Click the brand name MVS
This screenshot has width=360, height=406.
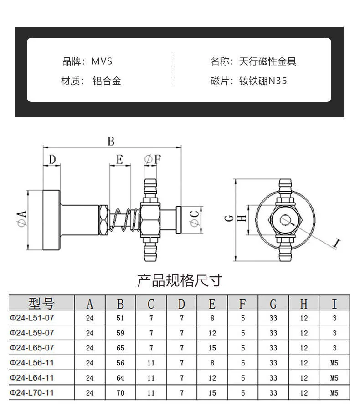point(102,61)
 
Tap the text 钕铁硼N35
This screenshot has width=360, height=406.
point(263,81)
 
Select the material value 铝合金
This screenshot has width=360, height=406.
point(107,81)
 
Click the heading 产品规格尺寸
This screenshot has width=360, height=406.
point(180,280)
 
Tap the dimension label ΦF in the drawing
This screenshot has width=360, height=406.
point(152,159)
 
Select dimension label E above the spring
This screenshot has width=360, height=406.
point(119,159)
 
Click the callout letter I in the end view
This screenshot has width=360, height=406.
point(336,243)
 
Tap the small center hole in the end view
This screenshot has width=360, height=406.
point(286,219)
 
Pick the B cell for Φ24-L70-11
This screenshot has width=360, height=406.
point(120,392)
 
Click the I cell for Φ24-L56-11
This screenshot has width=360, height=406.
point(334,363)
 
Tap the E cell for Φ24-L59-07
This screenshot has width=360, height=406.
point(212,333)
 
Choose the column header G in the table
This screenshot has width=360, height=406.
point(273,303)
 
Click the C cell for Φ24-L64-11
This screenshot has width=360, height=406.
point(151,378)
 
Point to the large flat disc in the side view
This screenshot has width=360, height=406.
point(51,220)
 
